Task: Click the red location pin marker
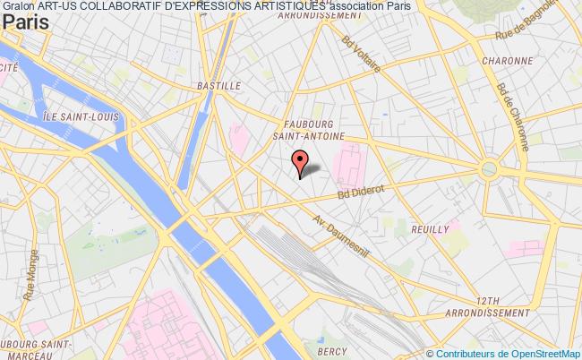(300, 162)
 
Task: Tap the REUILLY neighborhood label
(430, 230)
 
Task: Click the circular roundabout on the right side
(489, 169)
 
